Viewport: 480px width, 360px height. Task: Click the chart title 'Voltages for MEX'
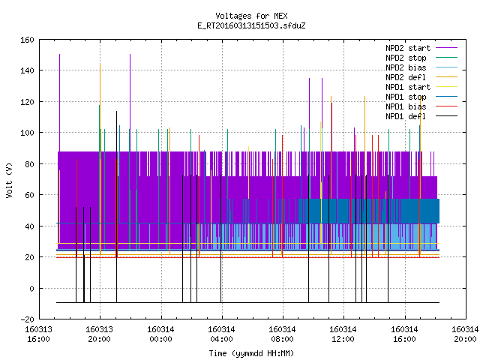pos(251,16)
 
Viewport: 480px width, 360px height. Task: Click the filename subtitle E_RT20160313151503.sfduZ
pos(251,25)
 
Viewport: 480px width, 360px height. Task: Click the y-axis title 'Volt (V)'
pos(10,180)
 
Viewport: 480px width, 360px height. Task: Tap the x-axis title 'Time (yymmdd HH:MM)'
pos(251,353)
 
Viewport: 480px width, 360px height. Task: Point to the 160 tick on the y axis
pos(27,40)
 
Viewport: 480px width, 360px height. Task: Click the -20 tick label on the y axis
pos(27,319)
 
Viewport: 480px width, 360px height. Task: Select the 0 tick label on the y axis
pos(31,288)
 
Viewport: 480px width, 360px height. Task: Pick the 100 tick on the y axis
pos(27,133)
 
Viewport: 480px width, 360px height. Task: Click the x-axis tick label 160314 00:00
pos(160,334)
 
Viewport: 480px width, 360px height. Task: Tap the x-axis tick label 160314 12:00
pos(343,334)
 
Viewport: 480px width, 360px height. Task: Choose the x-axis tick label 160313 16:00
pos(38,334)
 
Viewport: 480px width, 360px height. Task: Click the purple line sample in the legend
pos(446,48)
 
